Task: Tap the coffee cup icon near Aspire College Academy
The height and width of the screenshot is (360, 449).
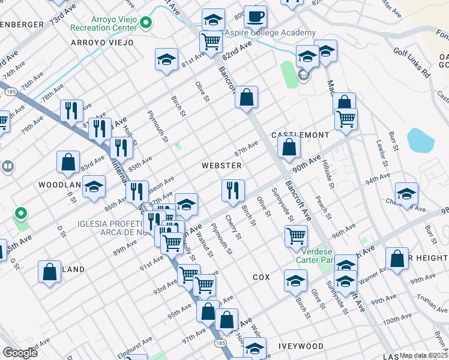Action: pyautogui.click(x=255, y=17)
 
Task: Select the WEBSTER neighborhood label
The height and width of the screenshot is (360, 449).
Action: pyautogui.click(x=221, y=166)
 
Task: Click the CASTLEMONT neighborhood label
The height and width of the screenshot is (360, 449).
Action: pyautogui.click(x=301, y=136)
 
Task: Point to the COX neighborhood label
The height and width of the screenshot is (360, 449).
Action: pyautogui.click(x=261, y=277)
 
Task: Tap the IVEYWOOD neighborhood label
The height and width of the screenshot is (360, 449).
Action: pyautogui.click(x=301, y=346)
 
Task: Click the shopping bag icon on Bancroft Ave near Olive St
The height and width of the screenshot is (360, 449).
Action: pyautogui.click(x=246, y=98)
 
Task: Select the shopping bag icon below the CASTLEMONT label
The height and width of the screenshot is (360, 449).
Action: pyautogui.click(x=289, y=147)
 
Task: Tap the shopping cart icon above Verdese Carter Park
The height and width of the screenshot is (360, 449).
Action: pyautogui.click(x=297, y=236)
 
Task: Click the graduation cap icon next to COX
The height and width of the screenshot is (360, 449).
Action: pyautogui.click(x=295, y=281)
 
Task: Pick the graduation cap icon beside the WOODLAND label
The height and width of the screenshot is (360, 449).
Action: pyautogui.click(x=94, y=187)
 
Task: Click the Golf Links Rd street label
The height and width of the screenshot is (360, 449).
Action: pyautogui.click(x=412, y=62)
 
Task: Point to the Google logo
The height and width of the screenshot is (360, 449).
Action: pyautogui.click(x=20, y=353)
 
